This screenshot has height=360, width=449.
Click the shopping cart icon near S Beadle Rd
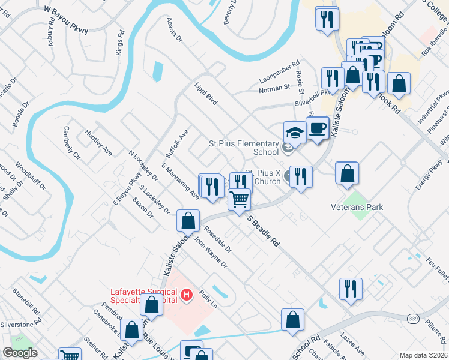(239, 199)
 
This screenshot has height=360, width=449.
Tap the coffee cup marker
(317, 128)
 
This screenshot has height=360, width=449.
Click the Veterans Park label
(357, 207)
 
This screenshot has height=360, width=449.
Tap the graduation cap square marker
(295, 132)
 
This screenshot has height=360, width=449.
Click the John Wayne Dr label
(211, 252)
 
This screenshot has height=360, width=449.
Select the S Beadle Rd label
(264, 231)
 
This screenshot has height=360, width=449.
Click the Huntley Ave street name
(98, 142)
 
